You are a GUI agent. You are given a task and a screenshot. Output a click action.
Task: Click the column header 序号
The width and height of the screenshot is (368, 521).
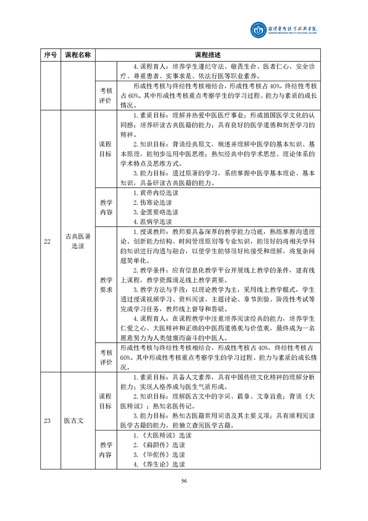[51, 55]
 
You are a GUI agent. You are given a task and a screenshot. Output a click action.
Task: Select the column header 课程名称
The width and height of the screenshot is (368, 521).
[78, 55]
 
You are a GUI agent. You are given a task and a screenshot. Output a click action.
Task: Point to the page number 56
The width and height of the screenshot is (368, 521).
[184, 481]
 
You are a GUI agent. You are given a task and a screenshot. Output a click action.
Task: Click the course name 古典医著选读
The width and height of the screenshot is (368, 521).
[78, 241]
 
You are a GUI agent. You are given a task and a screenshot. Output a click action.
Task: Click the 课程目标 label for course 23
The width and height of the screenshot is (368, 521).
[106, 401]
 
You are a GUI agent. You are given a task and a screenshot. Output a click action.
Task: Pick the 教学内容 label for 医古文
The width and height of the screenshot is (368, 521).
[106, 450]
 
